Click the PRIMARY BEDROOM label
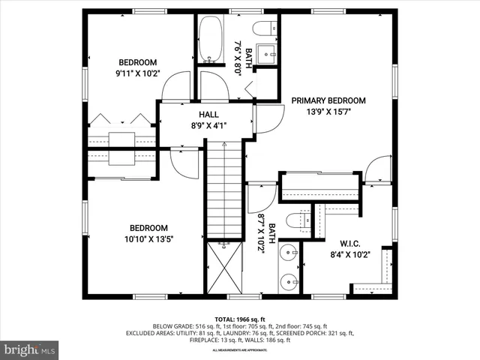click(x=328, y=100)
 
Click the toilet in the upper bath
click(x=262, y=29)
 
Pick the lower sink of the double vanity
click(x=289, y=281)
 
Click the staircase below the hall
click(x=224, y=191)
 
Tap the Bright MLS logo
click(x=30, y=349)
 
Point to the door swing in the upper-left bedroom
click(x=177, y=86)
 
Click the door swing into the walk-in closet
click(x=379, y=169)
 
